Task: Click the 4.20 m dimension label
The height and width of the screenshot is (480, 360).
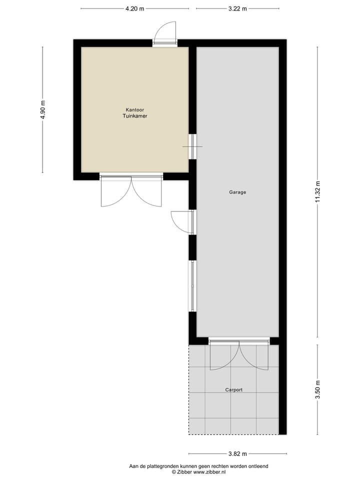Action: [x=134, y=8]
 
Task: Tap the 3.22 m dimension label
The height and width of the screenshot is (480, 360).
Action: [x=237, y=8]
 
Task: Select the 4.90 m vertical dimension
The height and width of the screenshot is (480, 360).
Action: [x=42, y=109]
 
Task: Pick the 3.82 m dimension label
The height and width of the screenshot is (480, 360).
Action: [x=237, y=454]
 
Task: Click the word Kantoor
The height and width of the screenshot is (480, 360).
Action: [x=135, y=109]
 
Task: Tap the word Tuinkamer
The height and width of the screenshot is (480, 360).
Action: [x=135, y=116]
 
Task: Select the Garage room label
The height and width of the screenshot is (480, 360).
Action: [x=237, y=192]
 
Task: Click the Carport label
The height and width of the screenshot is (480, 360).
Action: [x=233, y=389]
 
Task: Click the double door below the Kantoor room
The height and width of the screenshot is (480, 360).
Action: [x=131, y=190]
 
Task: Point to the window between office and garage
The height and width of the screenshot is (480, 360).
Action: [x=192, y=146]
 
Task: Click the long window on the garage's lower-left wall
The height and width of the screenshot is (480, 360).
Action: [x=192, y=285]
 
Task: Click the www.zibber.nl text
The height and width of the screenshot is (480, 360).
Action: [x=209, y=471]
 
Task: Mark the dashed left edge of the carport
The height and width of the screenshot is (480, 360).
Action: [x=189, y=390]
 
